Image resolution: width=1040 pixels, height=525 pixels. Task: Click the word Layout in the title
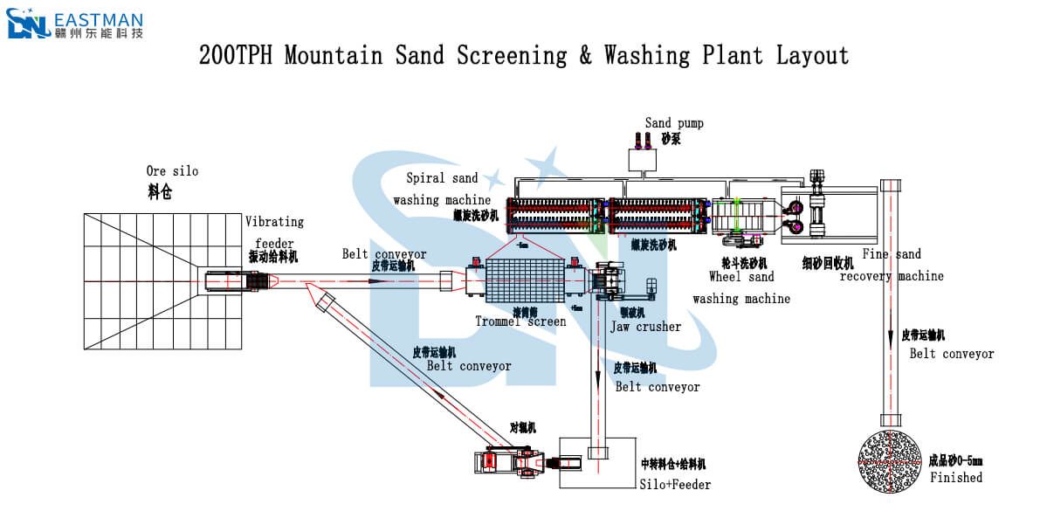[812, 56]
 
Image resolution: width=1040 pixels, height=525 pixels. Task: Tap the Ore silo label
[172, 171]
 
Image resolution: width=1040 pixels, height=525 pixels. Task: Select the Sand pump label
[674, 123]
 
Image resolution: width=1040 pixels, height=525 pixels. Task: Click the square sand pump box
[644, 160]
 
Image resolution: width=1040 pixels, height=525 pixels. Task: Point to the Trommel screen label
[520, 321]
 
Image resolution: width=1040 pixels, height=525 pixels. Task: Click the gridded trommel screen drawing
[521, 281]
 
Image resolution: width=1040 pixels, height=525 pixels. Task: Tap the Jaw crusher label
[645, 327]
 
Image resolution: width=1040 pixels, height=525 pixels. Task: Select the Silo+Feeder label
[675, 484]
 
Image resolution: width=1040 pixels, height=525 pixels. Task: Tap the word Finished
[956, 478]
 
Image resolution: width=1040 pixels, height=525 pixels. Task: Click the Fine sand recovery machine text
[892, 265]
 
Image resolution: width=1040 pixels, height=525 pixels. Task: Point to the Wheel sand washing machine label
[741, 287]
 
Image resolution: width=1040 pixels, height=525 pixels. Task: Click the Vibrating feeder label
[275, 233]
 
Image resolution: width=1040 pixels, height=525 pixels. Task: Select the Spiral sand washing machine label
[442, 189]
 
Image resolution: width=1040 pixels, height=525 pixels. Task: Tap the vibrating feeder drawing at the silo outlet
[233, 281]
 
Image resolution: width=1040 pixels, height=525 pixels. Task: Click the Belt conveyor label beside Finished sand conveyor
[952, 354]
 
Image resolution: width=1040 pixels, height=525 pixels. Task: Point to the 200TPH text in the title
[237, 56]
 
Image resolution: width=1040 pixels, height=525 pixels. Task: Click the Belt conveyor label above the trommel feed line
[384, 255]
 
